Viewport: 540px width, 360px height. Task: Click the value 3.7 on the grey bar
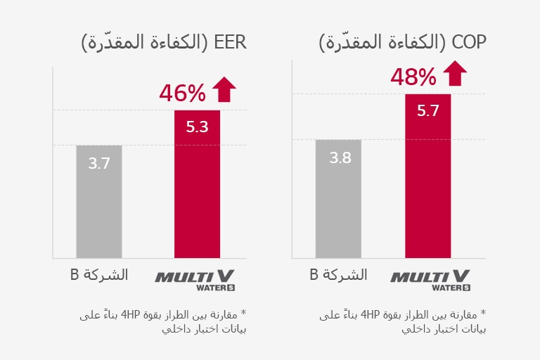99,164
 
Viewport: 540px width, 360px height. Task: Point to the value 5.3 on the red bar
197,127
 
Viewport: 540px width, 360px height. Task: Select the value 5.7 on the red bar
428,110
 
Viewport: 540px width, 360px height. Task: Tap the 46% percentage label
182,93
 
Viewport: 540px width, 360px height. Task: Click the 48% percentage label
413,77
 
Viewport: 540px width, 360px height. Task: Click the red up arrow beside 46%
224,90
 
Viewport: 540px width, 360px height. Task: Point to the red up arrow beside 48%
456,74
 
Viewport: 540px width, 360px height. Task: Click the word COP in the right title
470,42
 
